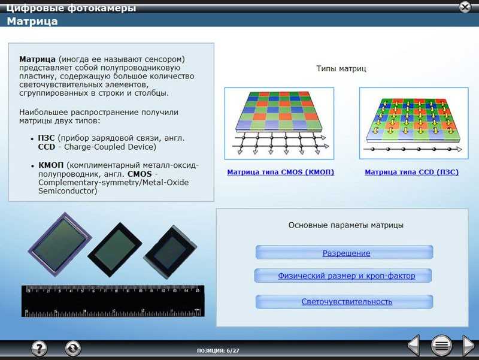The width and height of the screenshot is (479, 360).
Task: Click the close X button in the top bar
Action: [x=465, y=7]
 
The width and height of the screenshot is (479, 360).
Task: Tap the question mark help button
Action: [x=40, y=348]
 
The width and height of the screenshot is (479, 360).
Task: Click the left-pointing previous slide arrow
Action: [x=414, y=346]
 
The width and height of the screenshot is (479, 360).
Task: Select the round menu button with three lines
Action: [x=441, y=346]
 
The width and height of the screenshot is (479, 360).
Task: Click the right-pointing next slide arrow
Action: [x=469, y=346]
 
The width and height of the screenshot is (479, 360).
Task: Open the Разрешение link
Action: [x=347, y=253]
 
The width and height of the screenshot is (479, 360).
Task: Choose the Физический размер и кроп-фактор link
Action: [x=347, y=276]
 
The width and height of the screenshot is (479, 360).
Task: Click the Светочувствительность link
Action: [x=347, y=302]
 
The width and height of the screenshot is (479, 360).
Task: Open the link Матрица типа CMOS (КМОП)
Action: [x=280, y=172]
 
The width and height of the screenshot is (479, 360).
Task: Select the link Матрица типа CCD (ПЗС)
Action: [x=411, y=172]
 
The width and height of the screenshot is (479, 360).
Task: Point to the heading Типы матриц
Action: [x=341, y=68]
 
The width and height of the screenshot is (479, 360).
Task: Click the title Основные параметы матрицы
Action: [x=346, y=225]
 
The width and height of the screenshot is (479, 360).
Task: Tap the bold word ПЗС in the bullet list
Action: [x=46, y=138]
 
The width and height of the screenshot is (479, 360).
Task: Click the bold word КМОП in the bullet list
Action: [x=51, y=165]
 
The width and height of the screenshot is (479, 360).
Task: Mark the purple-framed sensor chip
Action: [x=59, y=244]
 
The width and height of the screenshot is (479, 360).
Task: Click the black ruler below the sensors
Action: [x=113, y=301]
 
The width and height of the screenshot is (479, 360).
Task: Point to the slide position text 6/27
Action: [x=233, y=350]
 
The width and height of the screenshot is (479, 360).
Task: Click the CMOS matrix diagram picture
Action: [x=279, y=123]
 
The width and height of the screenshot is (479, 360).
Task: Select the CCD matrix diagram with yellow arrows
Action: [x=414, y=123]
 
